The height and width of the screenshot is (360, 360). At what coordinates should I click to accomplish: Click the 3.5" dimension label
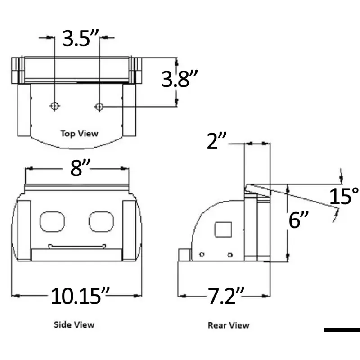[81, 39]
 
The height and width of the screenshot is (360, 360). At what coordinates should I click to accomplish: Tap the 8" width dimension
[77, 168]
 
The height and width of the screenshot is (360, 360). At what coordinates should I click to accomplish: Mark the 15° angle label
[344, 197]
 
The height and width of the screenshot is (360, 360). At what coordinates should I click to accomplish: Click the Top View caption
[79, 133]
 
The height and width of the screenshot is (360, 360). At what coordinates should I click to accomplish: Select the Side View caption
[74, 324]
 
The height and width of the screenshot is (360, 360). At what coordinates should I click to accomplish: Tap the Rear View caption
[228, 325]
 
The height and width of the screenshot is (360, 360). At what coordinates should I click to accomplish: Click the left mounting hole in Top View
[54, 106]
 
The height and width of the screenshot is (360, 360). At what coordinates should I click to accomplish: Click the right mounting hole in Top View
[99, 106]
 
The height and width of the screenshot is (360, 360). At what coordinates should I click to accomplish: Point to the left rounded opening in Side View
[52, 221]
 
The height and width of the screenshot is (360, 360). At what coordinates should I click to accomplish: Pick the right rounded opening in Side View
[100, 221]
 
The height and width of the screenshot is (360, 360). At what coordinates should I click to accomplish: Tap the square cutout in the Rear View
[223, 230]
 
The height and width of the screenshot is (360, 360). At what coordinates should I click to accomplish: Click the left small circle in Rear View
[202, 255]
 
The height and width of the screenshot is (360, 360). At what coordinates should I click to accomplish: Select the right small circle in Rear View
[230, 255]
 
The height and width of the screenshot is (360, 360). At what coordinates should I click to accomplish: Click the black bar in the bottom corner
[342, 330]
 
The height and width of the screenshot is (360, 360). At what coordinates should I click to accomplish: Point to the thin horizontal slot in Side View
[77, 246]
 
